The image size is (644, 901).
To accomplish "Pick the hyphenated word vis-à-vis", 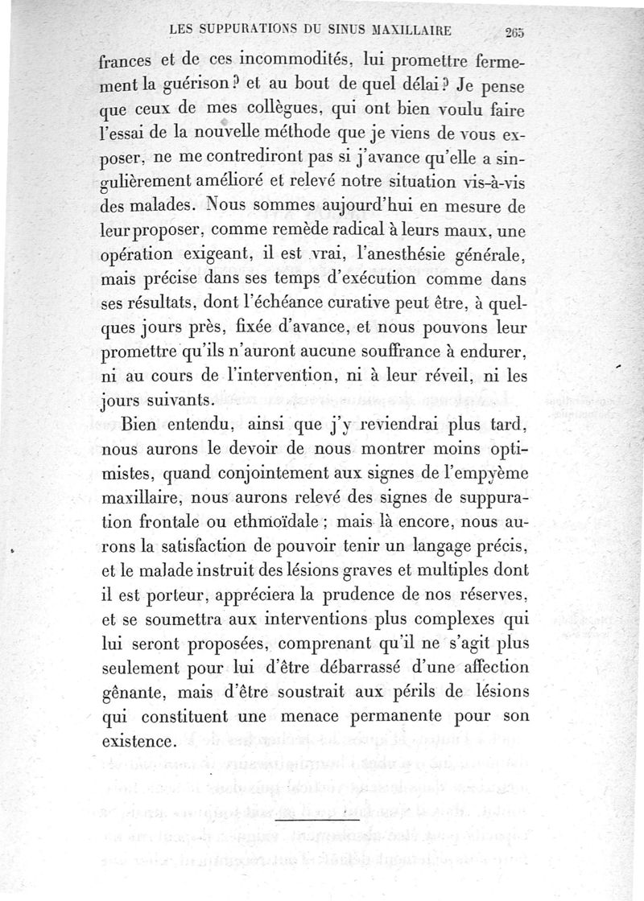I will click(x=483, y=183).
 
